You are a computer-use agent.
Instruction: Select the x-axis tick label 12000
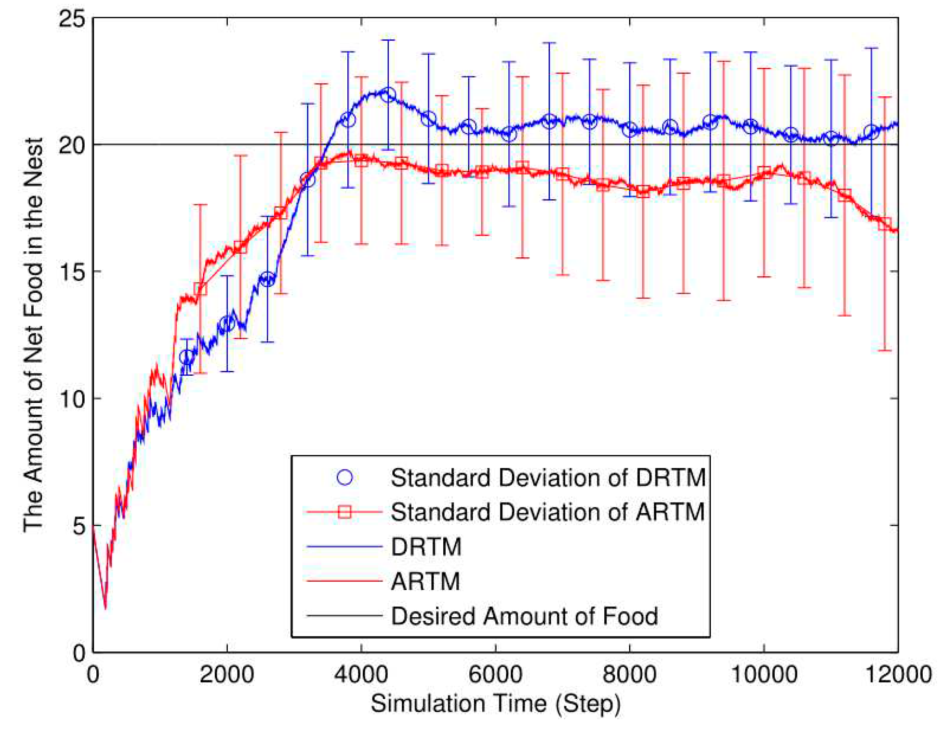point(898,674)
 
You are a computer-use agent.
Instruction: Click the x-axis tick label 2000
point(227,674)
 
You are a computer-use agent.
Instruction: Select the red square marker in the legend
point(344,512)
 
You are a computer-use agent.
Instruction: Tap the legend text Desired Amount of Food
point(525,616)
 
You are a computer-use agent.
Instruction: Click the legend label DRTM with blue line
point(426,547)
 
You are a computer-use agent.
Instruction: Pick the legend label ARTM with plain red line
point(425,581)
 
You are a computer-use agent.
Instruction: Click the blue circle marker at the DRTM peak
point(388,95)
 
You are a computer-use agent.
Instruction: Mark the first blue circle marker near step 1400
point(187,357)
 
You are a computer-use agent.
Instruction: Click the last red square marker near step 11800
point(885,224)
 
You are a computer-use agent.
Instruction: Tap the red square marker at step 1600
point(200,289)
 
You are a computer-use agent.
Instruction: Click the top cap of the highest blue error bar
point(388,40)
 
